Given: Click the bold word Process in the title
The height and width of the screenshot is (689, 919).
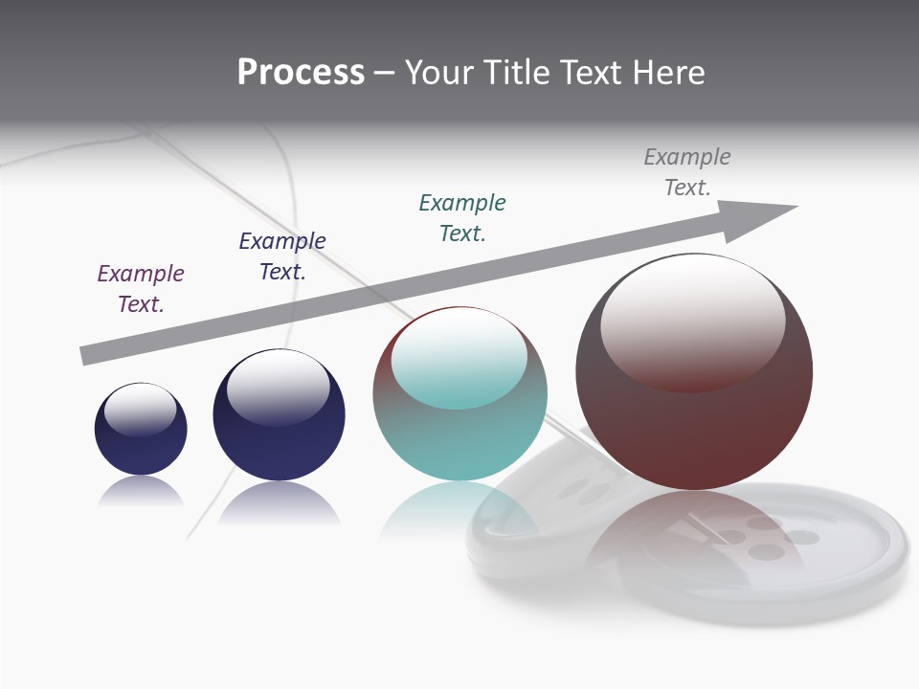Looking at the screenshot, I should (301, 73).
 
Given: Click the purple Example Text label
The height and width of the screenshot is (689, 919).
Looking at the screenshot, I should (141, 288).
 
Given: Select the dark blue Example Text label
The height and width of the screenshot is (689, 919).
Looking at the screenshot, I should (282, 256).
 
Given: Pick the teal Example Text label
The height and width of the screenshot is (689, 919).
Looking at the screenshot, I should (462, 217).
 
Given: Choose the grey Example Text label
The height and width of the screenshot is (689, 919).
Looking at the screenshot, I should (687, 171).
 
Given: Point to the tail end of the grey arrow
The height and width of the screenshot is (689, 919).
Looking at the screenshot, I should (87, 356).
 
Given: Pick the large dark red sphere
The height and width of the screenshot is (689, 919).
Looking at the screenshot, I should (694, 421).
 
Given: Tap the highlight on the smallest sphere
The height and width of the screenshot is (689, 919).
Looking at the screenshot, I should (140, 410).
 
